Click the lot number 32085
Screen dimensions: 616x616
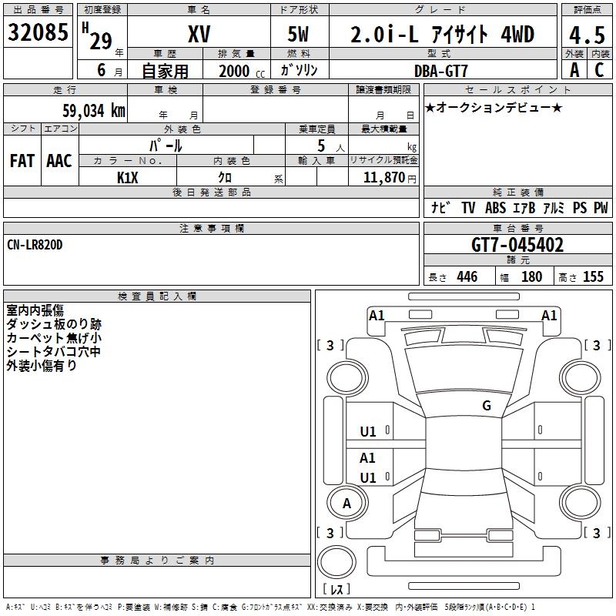click(x=38, y=33)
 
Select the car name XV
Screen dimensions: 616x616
click(x=199, y=34)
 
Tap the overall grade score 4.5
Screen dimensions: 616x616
click(x=586, y=35)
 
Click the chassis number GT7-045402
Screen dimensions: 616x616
click(x=517, y=246)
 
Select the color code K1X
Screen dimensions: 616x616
click(x=128, y=177)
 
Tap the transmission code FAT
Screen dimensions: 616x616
click(x=22, y=161)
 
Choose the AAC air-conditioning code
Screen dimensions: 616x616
click(x=59, y=161)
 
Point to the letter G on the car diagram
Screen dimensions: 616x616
click(x=487, y=406)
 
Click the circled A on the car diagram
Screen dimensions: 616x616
click(x=346, y=504)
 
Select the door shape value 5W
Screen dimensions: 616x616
click(x=300, y=35)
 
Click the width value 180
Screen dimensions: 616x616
click(x=531, y=277)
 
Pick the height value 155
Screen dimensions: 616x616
click(x=593, y=277)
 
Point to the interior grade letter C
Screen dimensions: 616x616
click(x=598, y=70)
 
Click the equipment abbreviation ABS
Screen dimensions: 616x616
click(x=496, y=208)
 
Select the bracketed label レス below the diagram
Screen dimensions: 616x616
click(x=336, y=589)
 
